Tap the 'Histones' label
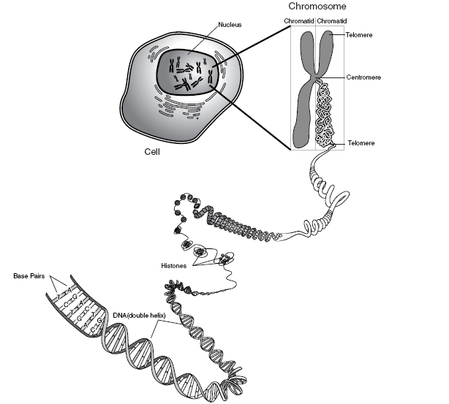pos(175,267)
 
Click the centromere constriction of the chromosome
pos(315,77)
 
